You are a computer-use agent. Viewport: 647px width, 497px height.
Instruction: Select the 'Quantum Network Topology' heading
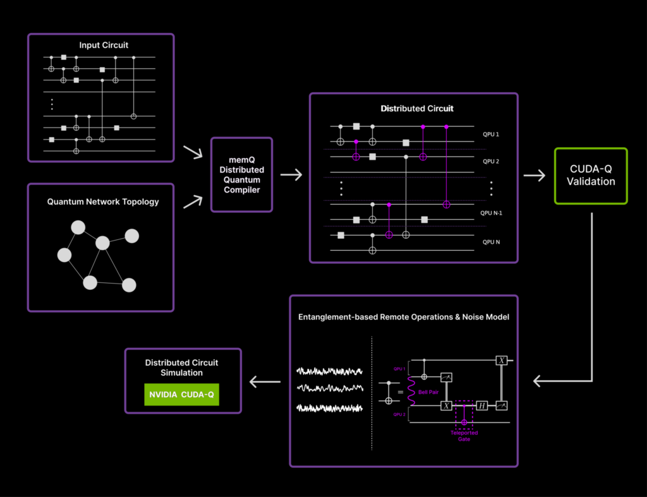coord(103,202)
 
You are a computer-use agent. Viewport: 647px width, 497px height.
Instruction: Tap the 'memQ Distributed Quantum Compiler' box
coord(242,174)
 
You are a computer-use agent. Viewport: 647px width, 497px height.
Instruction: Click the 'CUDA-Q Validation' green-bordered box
coord(591,176)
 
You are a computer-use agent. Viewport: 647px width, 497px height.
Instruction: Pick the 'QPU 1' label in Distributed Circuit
coord(491,135)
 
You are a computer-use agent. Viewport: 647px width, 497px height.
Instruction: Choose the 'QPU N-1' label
coord(494,213)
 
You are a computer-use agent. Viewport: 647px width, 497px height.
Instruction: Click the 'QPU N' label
coord(491,242)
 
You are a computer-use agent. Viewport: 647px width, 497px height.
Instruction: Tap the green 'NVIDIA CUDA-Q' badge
coord(181,395)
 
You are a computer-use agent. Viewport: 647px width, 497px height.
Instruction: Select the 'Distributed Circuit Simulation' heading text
coord(183,368)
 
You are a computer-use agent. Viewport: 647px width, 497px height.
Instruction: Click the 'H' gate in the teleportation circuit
coord(482,406)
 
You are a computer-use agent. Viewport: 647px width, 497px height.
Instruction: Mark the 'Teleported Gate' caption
coord(464,435)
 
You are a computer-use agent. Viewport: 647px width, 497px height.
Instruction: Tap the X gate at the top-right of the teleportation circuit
coord(500,361)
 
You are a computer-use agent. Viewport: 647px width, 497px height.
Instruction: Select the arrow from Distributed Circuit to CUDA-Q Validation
coord(535,176)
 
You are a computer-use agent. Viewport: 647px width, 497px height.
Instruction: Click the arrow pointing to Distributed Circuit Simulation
coord(265,381)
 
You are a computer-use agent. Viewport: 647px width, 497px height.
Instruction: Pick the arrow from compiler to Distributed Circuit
coord(291,175)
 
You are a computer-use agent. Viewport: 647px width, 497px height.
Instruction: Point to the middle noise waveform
coord(330,387)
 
